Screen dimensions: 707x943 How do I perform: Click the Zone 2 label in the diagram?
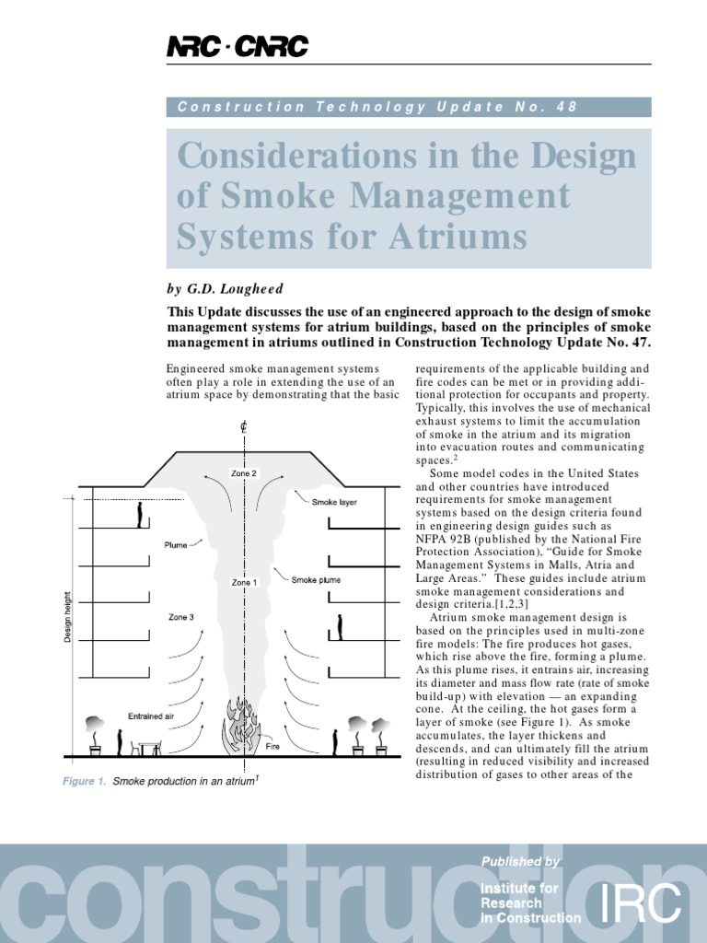244,473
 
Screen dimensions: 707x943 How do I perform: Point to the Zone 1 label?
244,583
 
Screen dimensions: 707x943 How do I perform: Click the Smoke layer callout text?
333,503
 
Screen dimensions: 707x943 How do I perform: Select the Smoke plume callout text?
315,580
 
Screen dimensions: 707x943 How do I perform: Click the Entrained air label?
152,716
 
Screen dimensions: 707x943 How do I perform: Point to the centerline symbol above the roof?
244,427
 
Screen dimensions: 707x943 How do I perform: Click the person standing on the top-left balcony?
140,515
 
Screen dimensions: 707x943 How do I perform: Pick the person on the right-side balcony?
340,627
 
